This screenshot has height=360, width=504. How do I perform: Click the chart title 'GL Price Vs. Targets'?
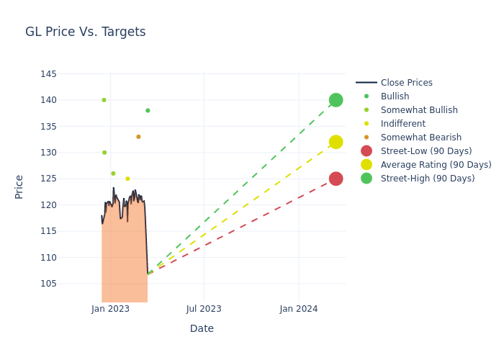point(85,32)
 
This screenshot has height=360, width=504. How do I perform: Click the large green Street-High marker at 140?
point(336,100)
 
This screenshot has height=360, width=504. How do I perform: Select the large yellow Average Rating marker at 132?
point(336,142)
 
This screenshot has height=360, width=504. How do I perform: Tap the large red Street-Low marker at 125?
point(336,179)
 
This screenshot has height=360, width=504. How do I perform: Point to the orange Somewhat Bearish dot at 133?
point(138,137)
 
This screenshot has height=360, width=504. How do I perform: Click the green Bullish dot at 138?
point(148,111)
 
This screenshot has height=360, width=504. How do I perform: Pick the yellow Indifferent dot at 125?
point(127,179)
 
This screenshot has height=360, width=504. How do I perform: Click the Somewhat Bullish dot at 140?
point(104,100)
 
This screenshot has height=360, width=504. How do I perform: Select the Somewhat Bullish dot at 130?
point(104,153)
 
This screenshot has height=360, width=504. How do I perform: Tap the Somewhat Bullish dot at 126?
point(113,174)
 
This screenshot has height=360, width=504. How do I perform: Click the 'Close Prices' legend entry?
point(406,83)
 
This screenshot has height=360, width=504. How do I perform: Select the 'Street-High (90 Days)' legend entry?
point(427,179)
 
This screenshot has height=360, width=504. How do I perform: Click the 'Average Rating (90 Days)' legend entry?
point(436,165)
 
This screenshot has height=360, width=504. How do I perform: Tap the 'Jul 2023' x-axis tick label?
point(204,309)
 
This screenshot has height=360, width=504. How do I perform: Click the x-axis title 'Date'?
point(202,328)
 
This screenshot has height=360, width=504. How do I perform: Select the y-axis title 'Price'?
point(19,186)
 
